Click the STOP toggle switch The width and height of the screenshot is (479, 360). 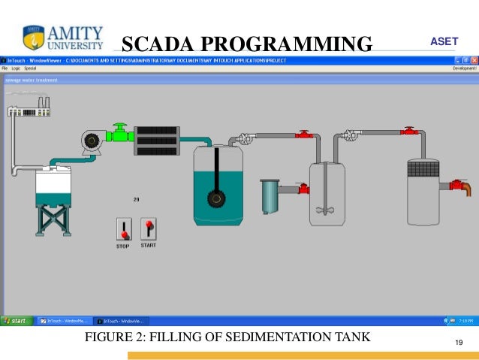[123, 229]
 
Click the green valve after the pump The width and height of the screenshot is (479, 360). [119, 136]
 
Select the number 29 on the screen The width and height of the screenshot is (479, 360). [137, 199]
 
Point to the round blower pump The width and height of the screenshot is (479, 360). [93, 141]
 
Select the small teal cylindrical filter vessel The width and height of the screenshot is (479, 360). [269, 196]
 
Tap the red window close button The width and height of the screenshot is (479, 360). [474, 59]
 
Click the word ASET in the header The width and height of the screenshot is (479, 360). [443, 41]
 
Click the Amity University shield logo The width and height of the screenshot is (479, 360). [31, 36]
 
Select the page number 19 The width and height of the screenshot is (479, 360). [459, 343]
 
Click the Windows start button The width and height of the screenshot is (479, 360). [15, 321]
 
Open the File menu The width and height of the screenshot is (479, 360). [5, 68]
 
